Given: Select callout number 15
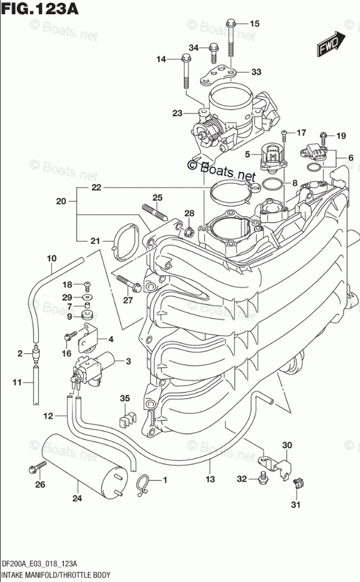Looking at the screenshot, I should (x=255, y=24).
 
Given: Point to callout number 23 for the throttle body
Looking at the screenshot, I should (x=177, y=113).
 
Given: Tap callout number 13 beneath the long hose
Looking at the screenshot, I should (x=209, y=479).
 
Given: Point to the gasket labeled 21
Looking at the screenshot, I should (x=124, y=243).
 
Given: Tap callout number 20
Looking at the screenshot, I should (x=61, y=201).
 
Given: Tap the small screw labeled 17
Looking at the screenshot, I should (x=283, y=133).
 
